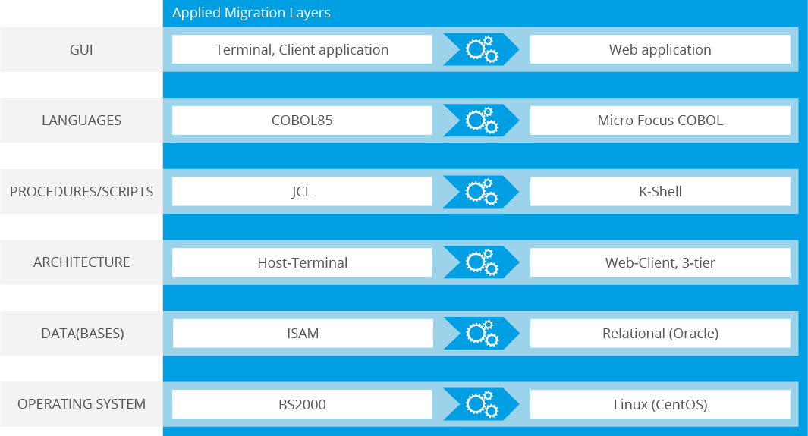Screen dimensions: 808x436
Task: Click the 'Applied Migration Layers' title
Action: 251,13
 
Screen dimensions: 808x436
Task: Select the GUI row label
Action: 81,49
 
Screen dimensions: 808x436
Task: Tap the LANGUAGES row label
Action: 81,120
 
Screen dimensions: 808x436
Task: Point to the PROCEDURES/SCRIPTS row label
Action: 81,192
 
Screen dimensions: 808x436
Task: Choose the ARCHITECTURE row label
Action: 81,262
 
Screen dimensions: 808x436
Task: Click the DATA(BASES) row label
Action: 83,333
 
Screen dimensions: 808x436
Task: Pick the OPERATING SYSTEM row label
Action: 81,404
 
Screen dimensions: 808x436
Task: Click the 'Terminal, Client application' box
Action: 302,49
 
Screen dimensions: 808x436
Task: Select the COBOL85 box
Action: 302,121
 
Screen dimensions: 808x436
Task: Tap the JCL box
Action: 302,192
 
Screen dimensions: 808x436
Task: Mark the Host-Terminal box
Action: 302,262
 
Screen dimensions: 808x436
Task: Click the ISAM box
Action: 303,333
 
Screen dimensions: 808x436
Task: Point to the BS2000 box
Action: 302,404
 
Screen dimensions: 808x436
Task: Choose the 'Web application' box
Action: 660,49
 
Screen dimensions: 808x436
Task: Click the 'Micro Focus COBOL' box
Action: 660,121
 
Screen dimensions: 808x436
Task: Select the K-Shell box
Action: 660,192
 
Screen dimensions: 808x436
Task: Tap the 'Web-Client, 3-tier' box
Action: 660,262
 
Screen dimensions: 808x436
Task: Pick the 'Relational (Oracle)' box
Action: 660,333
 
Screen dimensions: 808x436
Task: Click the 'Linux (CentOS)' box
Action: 660,404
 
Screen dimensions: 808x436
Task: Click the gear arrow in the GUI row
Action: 481,49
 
